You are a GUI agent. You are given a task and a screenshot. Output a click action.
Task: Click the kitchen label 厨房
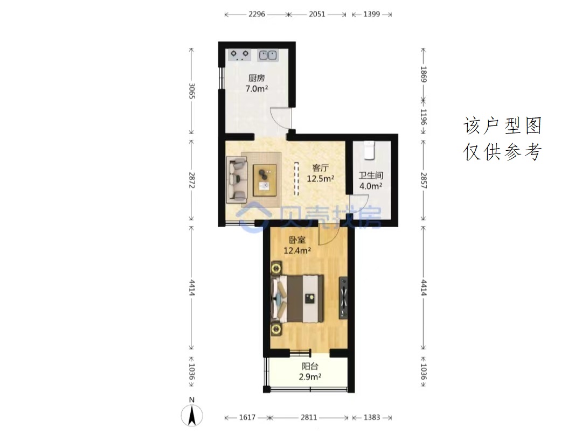[x=257, y=78]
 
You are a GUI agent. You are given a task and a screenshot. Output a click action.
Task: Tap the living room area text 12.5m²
[x=320, y=179]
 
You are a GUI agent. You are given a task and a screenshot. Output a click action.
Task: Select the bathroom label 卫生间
[x=371, y=176]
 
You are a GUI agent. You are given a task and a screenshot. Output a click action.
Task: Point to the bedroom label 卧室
[x=297, y=240]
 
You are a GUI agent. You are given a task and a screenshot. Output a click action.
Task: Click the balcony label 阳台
[x=310, y=367]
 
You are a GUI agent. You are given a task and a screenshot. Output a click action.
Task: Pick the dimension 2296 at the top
[x=257, y=14]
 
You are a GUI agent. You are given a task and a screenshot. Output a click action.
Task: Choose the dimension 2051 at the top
[x=317, y=14]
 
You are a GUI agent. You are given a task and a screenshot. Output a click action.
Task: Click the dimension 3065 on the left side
[x=191, y=91]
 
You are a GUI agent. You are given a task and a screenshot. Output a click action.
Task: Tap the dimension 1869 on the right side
[x=424, y=74]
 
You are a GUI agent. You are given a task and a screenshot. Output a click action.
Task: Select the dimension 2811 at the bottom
[x=309, y=417]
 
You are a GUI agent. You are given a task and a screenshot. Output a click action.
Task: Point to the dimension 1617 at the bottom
[x=247, y=417]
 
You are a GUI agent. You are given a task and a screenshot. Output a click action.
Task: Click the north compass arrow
[x=192, y=415]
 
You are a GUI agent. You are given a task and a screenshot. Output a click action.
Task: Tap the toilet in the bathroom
[x=369, y=150]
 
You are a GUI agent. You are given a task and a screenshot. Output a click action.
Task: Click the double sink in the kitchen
[x=268, y=55]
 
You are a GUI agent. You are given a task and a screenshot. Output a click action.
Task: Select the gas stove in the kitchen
[x=239, y=55]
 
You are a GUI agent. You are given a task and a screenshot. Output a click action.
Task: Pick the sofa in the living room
[x=237, y=179]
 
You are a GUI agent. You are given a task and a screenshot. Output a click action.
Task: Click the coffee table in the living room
[x=265, y=180]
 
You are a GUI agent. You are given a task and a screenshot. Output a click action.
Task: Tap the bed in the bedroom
[x=297, y=298]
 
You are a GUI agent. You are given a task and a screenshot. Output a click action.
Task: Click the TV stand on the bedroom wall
[x=343, y=298]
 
